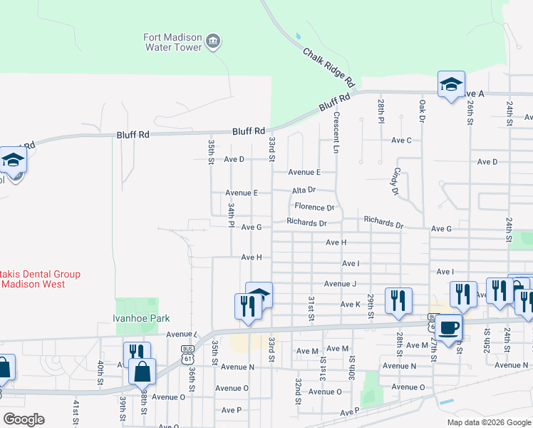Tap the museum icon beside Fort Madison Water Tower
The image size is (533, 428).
click(x=212, y=42)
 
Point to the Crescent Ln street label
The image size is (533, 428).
click(x=336, y=131)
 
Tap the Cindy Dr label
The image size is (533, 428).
click(x=394, y=181)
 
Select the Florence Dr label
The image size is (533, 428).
click(x=315, y=207)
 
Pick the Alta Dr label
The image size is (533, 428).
click(x=304, y=190)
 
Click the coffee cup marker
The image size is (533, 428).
click(x=449, y=327)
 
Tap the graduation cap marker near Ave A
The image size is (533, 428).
click(x=451, y=85)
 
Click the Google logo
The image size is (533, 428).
click(x=24, y=419)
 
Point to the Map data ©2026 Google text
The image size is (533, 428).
click(x=489, y=422)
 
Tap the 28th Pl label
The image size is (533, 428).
click(x=381, y=110)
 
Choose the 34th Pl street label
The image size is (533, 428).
click(x=231, y=214)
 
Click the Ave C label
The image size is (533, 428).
click(x=401, y=141)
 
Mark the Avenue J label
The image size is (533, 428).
click(x=340, y=283)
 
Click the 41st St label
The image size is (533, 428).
click(x=76, y=411)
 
